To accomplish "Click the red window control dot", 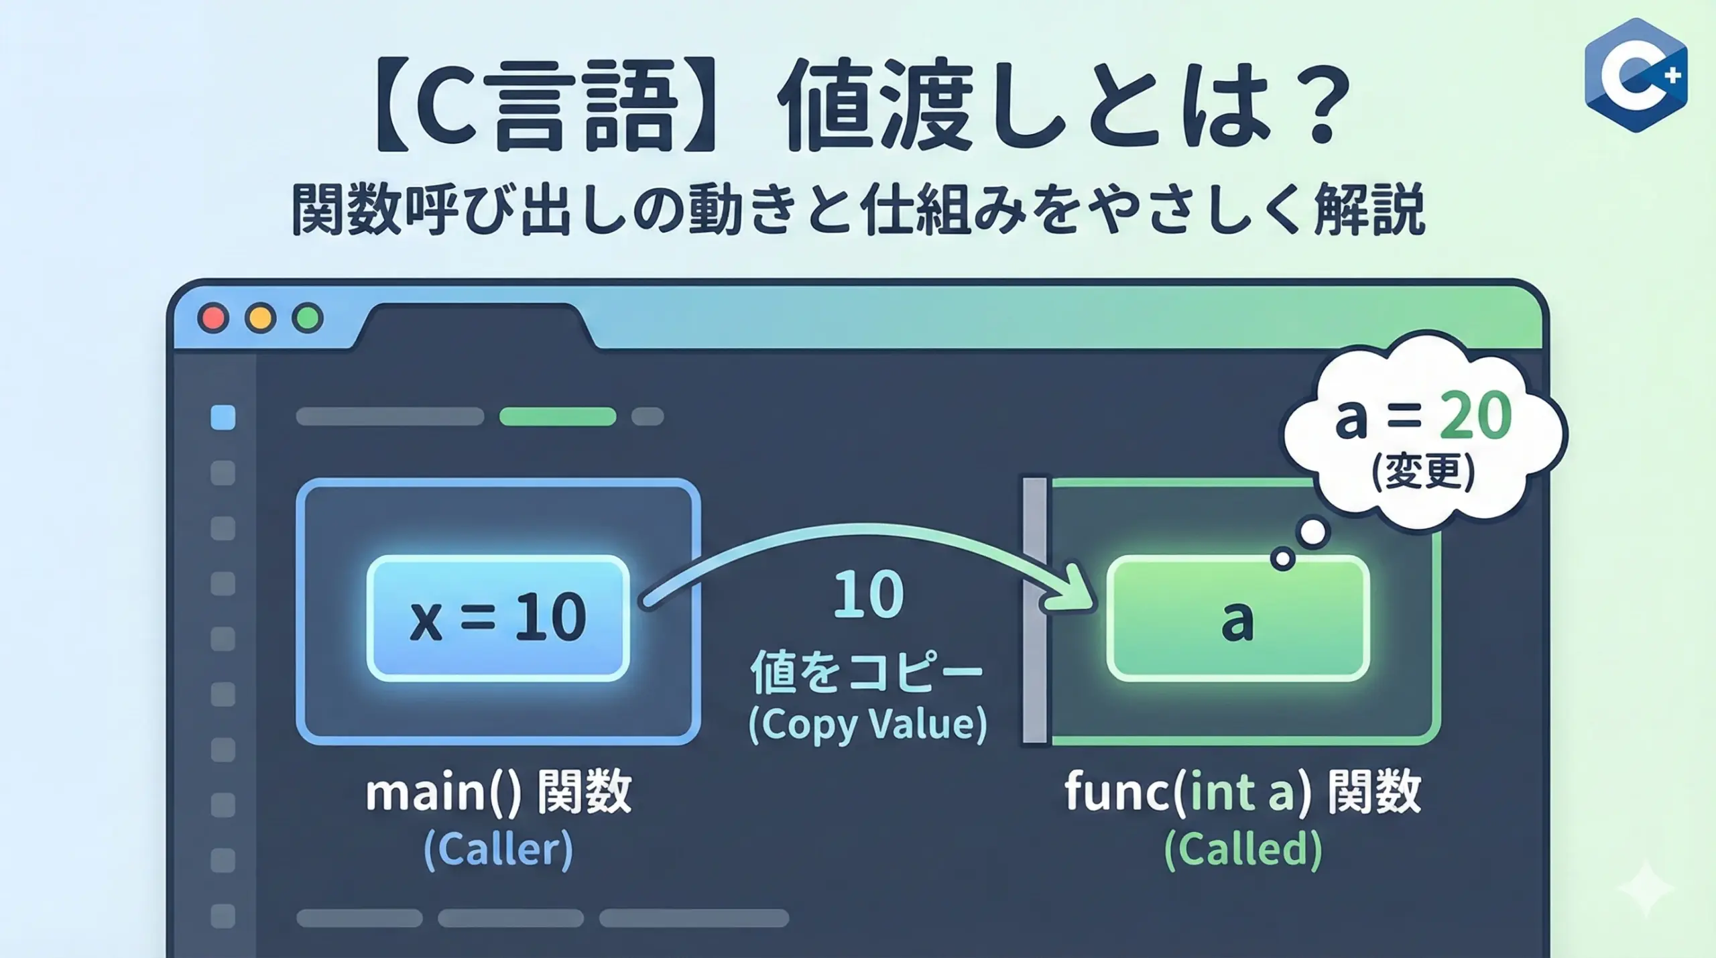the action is (x=214, y=318).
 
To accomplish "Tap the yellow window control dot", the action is (x=261, y=318).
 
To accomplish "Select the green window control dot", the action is (x=308, y=318).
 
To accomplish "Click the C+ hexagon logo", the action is (x=1636, y=75).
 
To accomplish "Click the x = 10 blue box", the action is (x=498, y=617).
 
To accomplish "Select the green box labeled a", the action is (x=1237, y=617).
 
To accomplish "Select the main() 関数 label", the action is (x=499, y=792).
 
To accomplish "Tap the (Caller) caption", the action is (x=498, y=849).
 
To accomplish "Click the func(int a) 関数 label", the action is (x=1243, y=792).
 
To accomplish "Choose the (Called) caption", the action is (x=1243, y=849).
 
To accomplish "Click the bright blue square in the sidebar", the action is (x=223, y=417).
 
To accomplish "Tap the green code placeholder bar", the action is (x=558, y=416).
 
